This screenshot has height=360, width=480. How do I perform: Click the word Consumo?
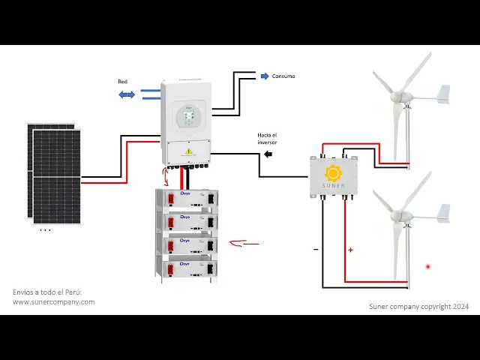click(x=283, y=76)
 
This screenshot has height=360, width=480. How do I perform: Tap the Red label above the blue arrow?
click(x=123, y=81)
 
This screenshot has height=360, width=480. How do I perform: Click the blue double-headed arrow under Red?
click(x=127, y=94)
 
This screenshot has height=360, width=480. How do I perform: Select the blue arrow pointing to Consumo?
click(x=264, y=76)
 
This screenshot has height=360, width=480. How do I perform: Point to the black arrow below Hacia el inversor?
click(x=268, y=154)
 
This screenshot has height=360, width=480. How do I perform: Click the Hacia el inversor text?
click(x=268, y=139)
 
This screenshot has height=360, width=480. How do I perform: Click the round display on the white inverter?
click(x=190, y=116)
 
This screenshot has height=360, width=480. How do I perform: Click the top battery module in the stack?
click(x=187, y=199)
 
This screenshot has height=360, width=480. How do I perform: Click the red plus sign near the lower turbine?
click(x=350, y=250)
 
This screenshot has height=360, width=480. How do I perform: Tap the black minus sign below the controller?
click(x=316, y=249)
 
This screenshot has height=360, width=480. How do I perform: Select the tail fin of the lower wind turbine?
click(x=443, y=212)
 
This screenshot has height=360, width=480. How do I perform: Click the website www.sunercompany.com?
click(x=54, y=302)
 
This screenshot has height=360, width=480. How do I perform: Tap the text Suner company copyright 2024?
click(x=419, y=307)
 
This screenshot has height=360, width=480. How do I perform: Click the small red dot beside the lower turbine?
click(x=427, y=266)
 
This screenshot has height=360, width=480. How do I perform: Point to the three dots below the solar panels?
click(x=45, y=230)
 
